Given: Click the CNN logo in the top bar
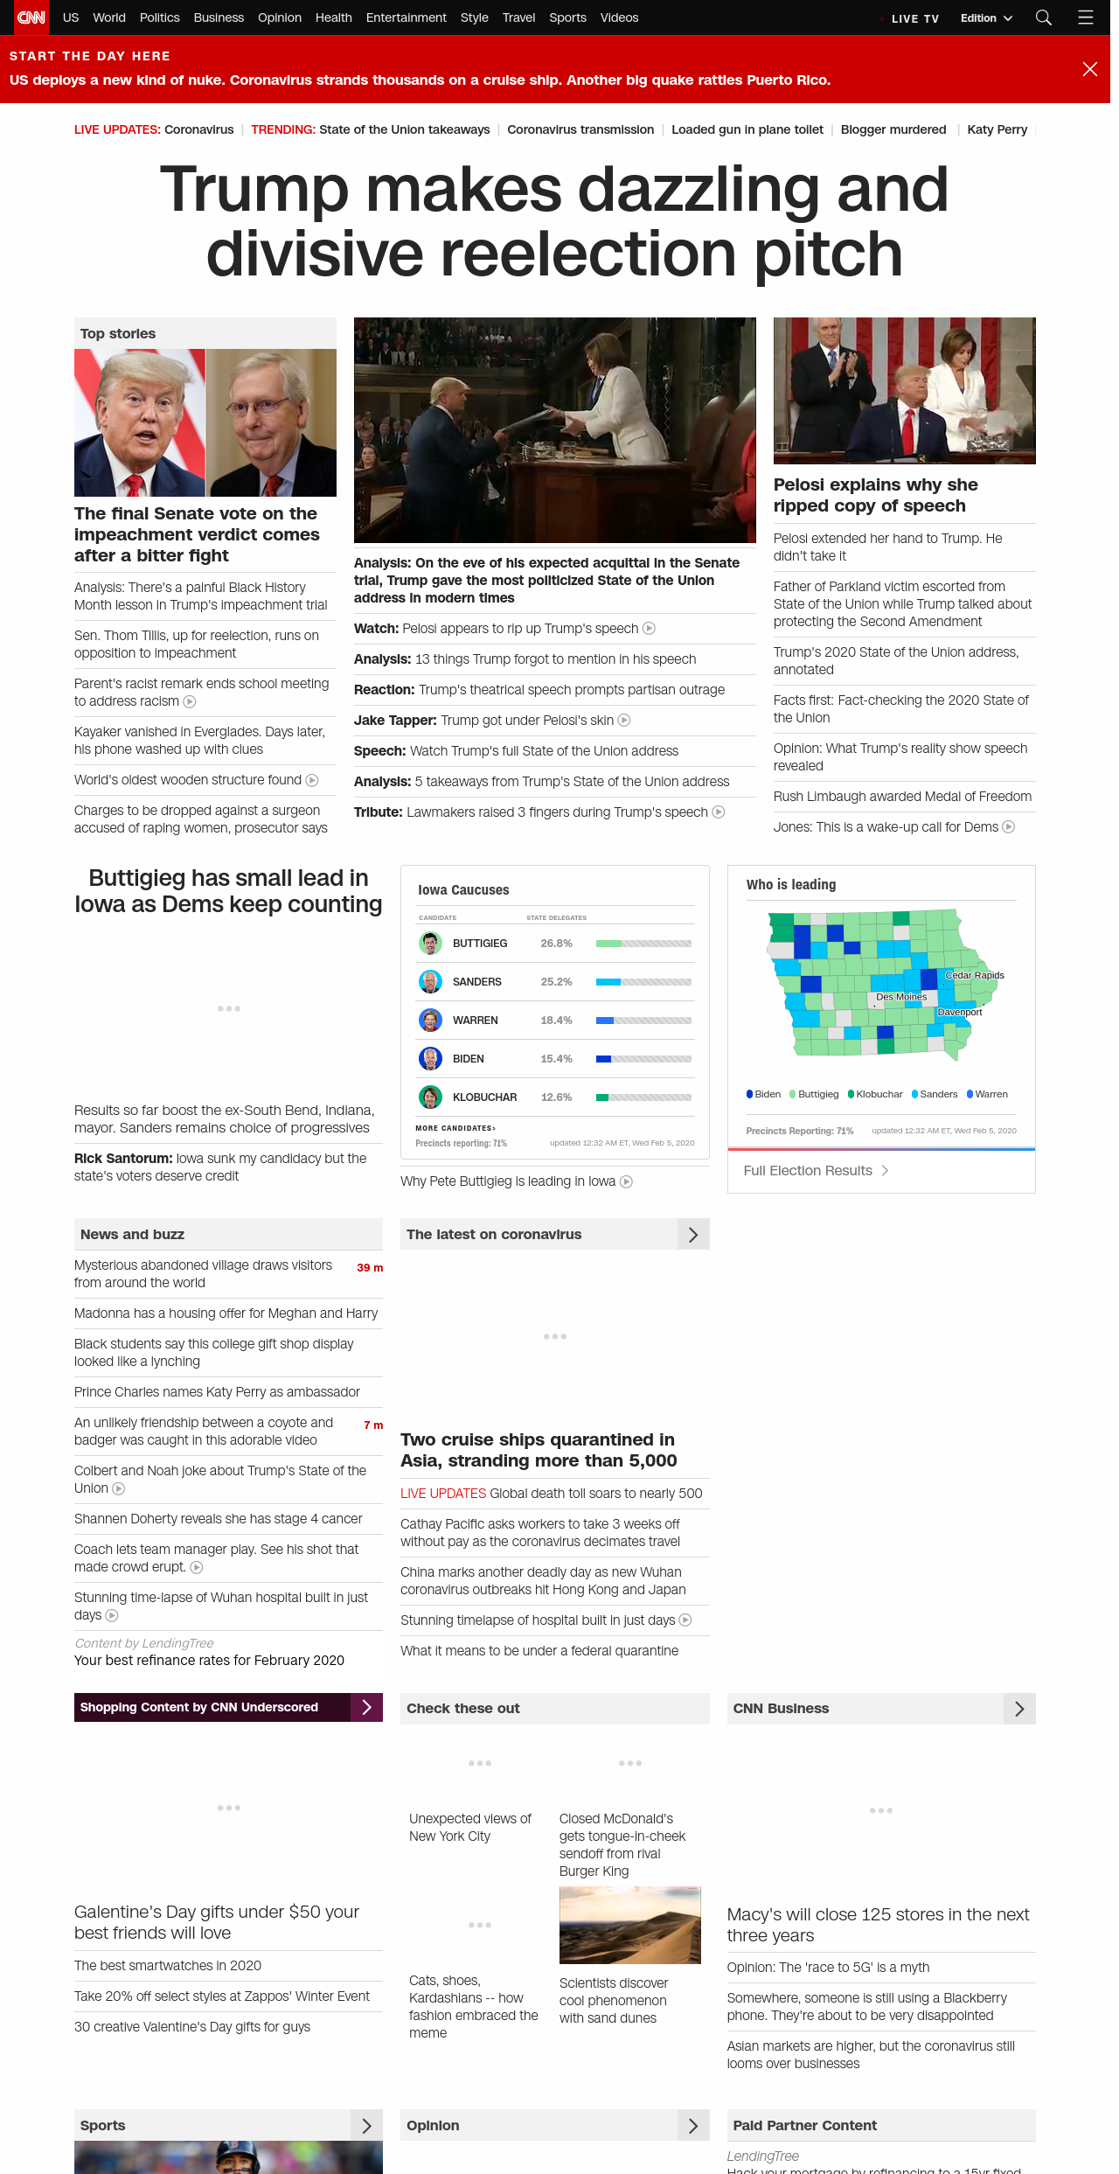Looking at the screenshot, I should (31, 17).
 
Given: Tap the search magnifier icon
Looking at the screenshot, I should (1043, 17).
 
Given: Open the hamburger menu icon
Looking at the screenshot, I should (1086, 17).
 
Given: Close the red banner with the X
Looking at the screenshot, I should (1089, 69).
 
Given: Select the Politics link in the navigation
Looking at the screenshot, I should (159, 17).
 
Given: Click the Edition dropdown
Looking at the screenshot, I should (986, 18).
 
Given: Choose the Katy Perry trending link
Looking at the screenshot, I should (997, 129).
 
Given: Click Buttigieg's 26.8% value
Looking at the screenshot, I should (556, 944).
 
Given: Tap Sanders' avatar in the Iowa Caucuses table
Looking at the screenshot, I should (430, 982).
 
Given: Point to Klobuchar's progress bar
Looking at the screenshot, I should (643, 1097).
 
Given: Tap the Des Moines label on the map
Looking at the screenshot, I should (900, 997).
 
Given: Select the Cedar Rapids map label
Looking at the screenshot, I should (974, 975).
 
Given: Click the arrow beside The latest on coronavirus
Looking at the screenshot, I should (693, 1235).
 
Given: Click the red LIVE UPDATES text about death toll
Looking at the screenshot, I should (443, 1494).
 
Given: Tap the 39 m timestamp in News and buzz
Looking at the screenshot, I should (370, 1268).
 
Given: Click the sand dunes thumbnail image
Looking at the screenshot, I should (630, 1926).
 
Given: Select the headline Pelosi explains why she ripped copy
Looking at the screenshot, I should (875, 495).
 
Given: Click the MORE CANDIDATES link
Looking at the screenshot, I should (455, 1128).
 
